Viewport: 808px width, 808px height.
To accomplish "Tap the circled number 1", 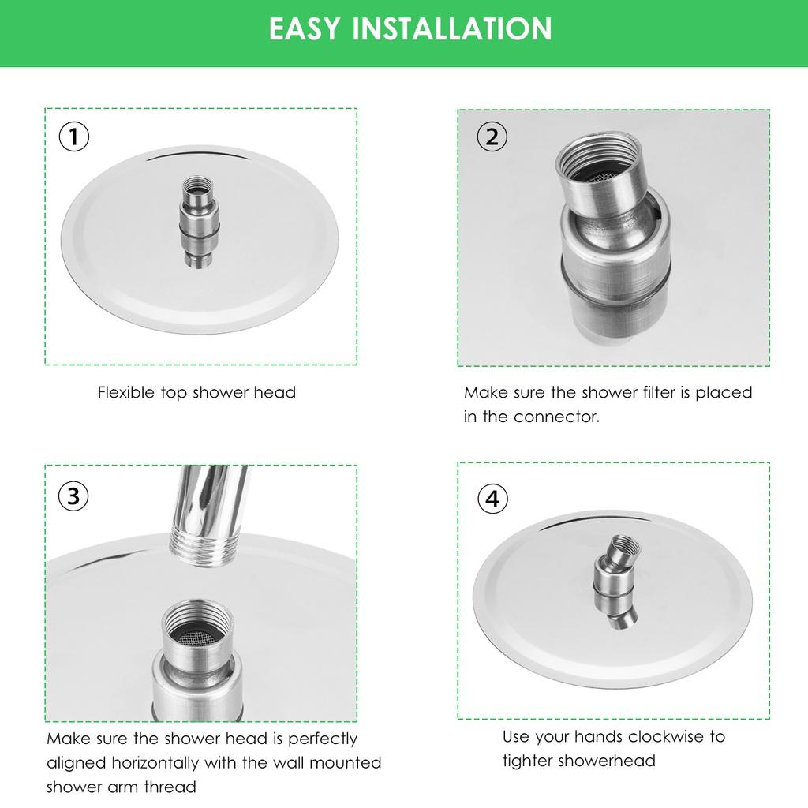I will click(74, 137).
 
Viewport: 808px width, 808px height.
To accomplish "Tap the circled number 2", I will click(492, 137).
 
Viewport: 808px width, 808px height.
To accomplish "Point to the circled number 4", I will click(492, 499).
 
